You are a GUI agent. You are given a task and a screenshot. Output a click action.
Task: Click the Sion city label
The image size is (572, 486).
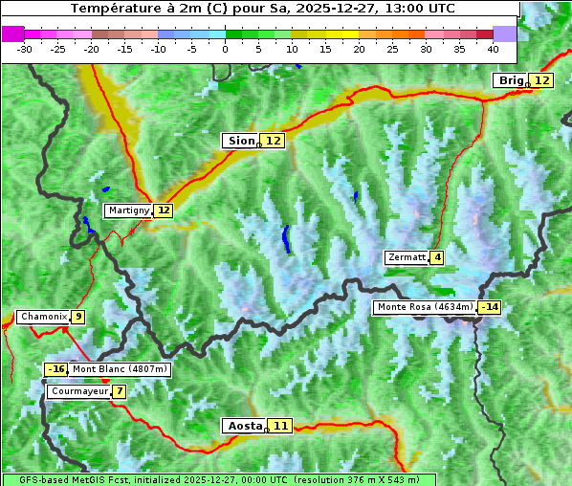[241, 141]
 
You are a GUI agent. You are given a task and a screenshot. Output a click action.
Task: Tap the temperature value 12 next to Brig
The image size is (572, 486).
[541, 80]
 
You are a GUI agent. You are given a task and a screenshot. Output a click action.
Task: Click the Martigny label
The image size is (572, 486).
[128, 210]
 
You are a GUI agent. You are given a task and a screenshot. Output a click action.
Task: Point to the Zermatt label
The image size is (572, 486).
[407, 257]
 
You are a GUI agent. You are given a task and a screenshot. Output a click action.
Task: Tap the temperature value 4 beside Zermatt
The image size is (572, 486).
[437, 257]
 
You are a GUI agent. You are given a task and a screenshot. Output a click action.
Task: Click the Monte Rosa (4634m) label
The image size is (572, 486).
[425, 307]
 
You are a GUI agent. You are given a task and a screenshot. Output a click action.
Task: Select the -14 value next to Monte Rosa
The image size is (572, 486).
[490, 307]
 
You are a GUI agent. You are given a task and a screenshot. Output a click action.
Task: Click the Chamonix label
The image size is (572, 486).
[43, 317]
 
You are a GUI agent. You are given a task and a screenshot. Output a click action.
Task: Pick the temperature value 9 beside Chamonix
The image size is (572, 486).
[77, 317]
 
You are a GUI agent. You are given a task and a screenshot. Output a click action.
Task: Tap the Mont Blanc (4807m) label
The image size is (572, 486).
[120, 369]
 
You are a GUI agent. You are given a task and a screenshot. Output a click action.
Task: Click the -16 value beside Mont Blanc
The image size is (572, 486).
[56, 369]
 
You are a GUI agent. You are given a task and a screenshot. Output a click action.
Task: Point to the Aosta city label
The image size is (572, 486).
[243, 426]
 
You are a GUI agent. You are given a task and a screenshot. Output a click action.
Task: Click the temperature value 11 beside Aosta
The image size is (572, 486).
[279, 426]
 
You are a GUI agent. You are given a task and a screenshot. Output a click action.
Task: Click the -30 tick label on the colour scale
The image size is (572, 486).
[25, 48]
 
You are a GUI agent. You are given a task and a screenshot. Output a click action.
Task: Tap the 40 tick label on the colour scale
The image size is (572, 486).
[493, 48]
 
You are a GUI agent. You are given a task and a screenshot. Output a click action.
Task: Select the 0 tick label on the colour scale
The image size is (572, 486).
[225, 48]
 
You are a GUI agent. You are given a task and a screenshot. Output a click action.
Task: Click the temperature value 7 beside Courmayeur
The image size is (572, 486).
[119, 391]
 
